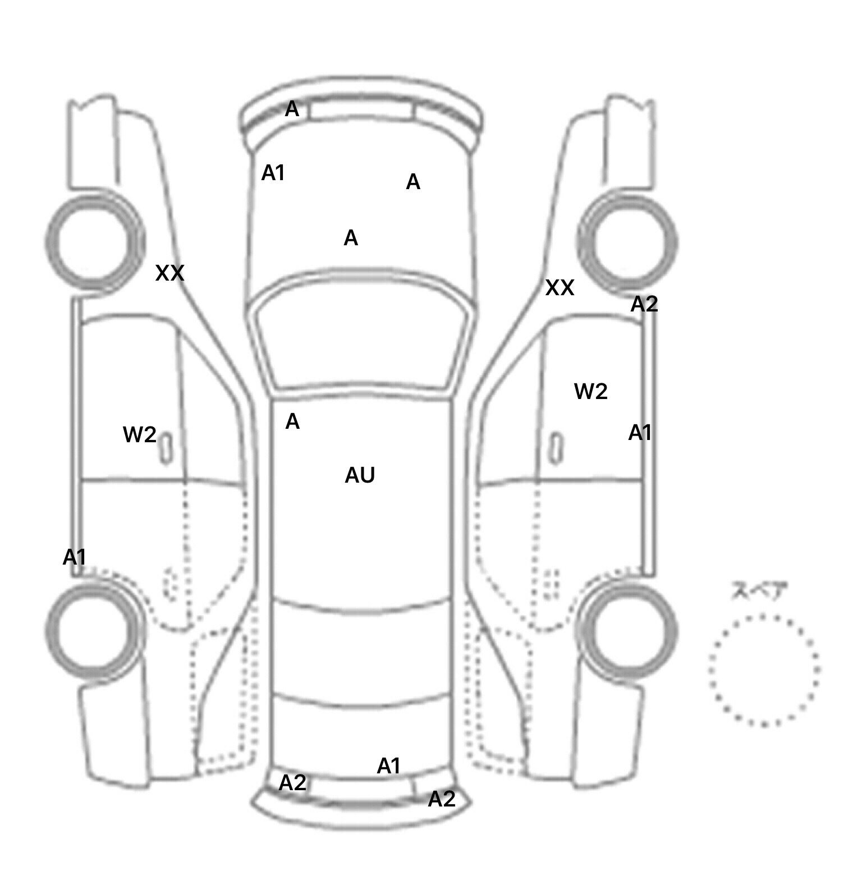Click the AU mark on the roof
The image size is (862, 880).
point(360,475)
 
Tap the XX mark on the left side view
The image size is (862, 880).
point(169,273)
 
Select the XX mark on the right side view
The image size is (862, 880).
point(560,288)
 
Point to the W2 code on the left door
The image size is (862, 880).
point(140,434)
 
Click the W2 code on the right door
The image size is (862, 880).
point(591,391)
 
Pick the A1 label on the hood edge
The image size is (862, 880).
point(273,173)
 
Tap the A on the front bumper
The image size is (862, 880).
point(292,109)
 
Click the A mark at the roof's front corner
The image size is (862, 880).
point(292,421)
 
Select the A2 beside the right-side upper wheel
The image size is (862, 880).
point(644,304)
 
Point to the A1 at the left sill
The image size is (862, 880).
point(75,557)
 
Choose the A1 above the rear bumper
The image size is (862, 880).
point(389,766)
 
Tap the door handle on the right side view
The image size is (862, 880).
point(556,448)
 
